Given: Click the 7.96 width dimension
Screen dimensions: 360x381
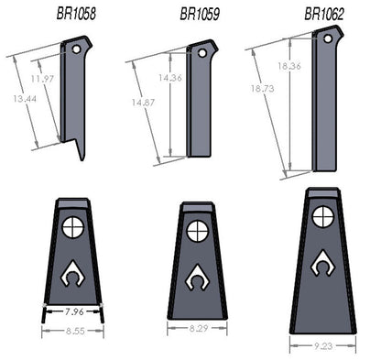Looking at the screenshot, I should click(x=72, y=312).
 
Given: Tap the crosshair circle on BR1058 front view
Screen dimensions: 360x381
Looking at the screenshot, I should click(x=73, y=224).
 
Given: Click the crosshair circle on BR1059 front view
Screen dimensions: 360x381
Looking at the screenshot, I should click(x=196, y=231).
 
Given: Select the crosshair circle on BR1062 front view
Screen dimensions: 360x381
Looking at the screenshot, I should click(x=321, y=216).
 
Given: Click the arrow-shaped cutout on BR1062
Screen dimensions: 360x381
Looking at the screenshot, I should click(x=321, y=265).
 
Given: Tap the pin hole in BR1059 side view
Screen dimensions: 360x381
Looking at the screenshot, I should click(x=202, y=52).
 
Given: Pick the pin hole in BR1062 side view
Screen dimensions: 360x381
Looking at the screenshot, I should click(x=327, y=38).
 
